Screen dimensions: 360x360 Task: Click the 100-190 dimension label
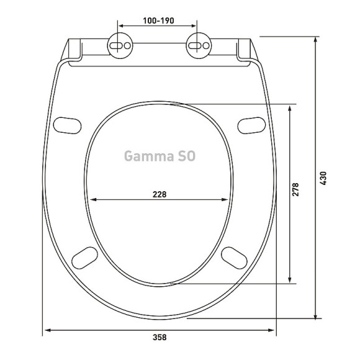point(158,20)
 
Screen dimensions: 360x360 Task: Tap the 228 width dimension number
point(160,194)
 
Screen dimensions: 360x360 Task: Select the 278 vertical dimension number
point(295,189)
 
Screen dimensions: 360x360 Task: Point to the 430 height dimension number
point(323,178)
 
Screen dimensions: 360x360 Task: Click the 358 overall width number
point(160,337)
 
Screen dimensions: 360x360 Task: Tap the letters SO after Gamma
point(186,156)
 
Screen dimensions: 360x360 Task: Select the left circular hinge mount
point(120,45)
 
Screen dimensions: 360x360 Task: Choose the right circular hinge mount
point(199,45)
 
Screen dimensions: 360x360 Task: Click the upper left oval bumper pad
point(67,125)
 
